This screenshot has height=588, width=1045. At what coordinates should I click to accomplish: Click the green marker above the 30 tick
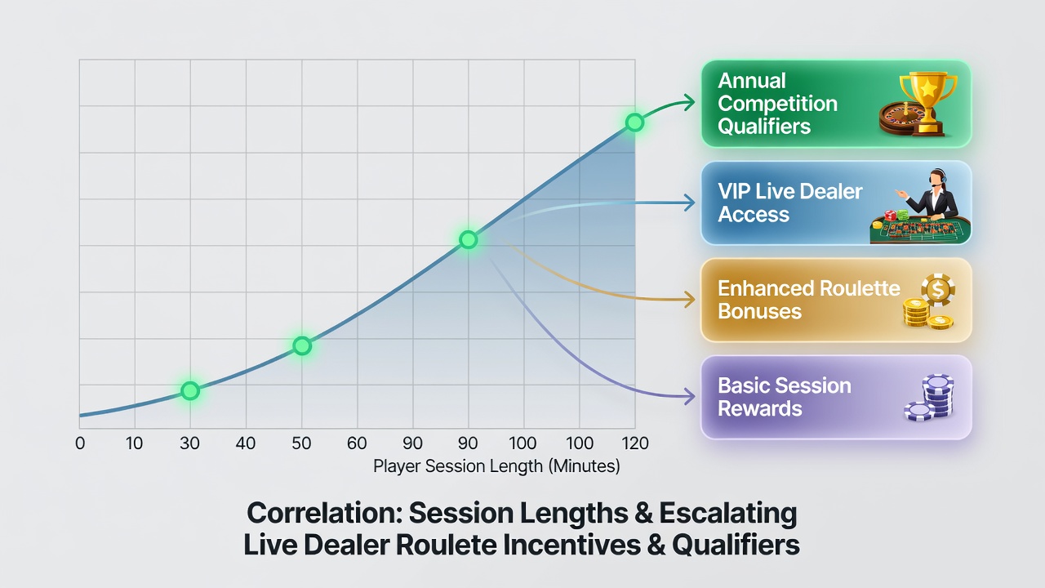coord(190,390)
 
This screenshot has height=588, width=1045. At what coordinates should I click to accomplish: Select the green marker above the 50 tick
coord(302,345)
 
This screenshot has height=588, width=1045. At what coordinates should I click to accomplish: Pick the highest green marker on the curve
coord(634,122)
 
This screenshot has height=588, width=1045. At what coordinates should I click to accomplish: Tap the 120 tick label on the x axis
coord(635,443)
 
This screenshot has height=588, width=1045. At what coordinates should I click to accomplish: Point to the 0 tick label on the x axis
coord(80,443)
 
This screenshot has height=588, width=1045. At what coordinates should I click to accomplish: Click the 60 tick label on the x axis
coord(357,443)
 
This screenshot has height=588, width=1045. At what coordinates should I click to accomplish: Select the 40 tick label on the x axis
coord(246,443)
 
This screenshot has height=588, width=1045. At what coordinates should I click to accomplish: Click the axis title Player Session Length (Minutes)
coord(496,466)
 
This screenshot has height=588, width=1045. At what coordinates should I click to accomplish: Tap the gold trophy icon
coord(928,102)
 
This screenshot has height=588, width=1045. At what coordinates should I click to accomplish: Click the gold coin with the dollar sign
coord(938,290)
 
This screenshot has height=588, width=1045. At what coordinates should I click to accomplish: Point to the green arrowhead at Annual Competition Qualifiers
coord(689,102)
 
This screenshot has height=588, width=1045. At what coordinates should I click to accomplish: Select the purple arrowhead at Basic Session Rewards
coord(689,397)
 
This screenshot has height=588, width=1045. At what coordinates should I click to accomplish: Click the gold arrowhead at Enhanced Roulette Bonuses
coord(689,299)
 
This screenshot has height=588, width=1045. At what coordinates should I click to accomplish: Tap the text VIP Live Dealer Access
coord(789,203)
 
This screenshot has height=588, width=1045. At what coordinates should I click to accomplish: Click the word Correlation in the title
coord(325,512)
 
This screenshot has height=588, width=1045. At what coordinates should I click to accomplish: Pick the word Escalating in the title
coord(727,514)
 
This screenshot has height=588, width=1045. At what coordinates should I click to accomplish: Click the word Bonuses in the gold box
coord(759,311)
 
